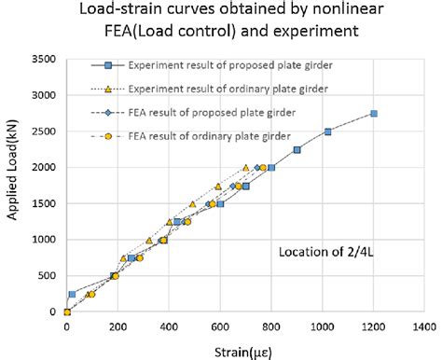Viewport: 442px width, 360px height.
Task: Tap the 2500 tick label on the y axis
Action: [44, 132]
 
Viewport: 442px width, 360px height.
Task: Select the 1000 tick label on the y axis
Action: [44, 240]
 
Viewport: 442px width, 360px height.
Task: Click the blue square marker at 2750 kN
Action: [373, 113]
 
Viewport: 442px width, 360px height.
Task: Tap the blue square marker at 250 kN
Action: [72, 294]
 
